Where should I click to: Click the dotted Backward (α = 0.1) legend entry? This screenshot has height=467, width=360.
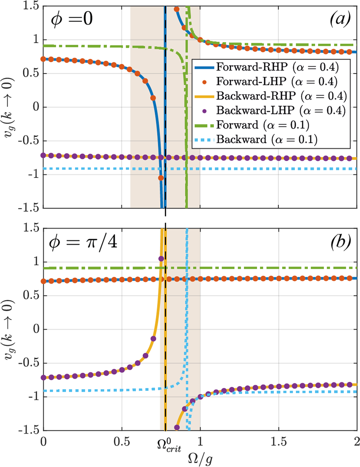pyautogui.click(x=267, y=139)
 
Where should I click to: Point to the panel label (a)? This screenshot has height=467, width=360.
pyautogui.click(x=340, y=18)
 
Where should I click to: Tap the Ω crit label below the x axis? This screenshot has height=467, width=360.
pyautogui.click(x=169, y=445)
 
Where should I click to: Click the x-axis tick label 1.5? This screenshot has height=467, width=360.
pyautogui.click(x=279, y=441)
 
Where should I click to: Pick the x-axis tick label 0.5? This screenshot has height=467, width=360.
pyautogui.click(x=122, y=441)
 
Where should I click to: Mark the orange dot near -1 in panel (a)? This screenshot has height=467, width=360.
pyautogui.click(x=161, y=178)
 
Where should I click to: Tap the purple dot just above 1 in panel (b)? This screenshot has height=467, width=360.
pyautogui.click(x=161, y=258)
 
